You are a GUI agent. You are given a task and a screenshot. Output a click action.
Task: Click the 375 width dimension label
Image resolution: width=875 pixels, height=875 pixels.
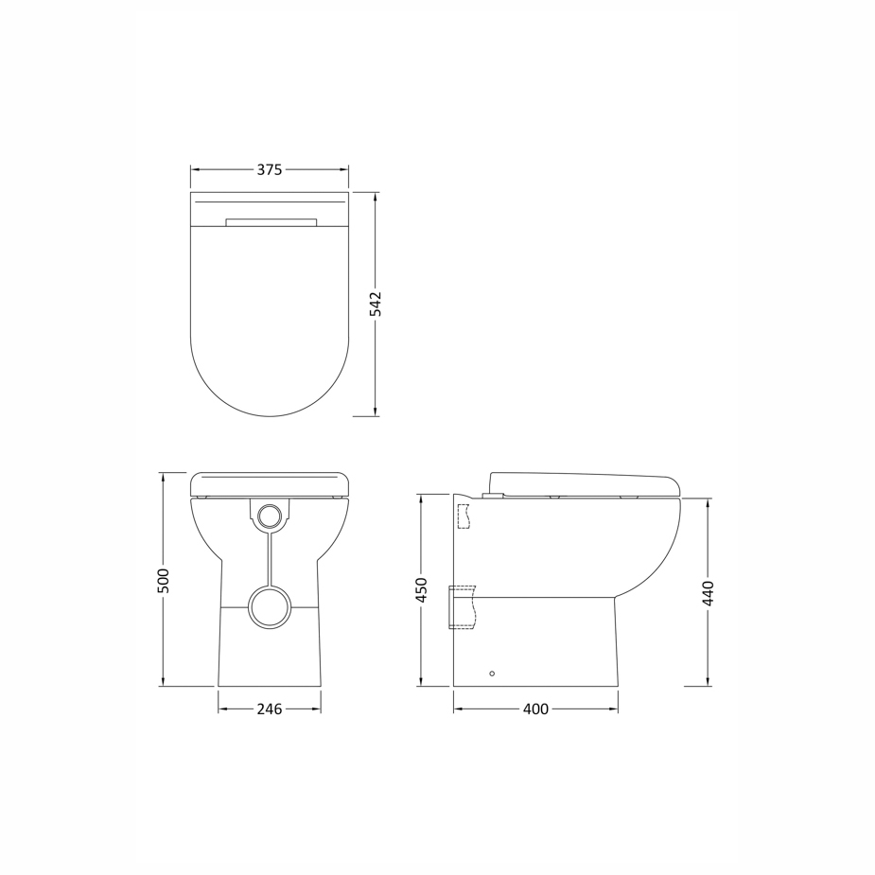coord(270,170)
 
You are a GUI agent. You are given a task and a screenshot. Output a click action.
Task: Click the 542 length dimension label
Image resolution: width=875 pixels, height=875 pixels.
coord(376,304)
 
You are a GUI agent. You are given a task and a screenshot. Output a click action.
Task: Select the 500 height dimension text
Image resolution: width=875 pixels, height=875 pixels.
coord(163,580)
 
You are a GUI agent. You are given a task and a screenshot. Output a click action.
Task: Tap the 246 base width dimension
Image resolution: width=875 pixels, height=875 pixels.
coord(270,709)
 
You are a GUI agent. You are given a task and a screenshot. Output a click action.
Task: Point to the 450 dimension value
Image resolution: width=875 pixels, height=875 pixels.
coord(422,590)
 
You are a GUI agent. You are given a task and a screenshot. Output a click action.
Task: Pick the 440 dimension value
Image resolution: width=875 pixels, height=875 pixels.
coord(709,593)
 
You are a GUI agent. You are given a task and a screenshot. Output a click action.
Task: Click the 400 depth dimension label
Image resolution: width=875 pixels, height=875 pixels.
coord(535,709)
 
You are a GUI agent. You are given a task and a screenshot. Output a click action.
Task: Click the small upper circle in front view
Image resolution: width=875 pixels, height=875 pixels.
coord(270,516)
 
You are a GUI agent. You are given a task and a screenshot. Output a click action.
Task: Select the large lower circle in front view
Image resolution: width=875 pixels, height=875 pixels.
coord(270,607)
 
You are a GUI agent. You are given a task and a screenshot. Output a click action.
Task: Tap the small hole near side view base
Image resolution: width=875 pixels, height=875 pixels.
coord(492,674)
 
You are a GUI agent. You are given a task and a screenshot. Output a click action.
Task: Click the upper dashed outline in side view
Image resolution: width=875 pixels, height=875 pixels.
coord(464,516)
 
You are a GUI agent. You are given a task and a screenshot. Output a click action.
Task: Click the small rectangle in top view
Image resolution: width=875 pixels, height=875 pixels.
coord(271,223)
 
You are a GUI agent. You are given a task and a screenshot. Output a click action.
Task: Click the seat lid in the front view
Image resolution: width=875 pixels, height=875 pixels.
coord(270,484)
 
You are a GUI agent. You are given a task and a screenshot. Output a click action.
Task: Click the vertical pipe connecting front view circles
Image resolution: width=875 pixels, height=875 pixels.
coord(270,558)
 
